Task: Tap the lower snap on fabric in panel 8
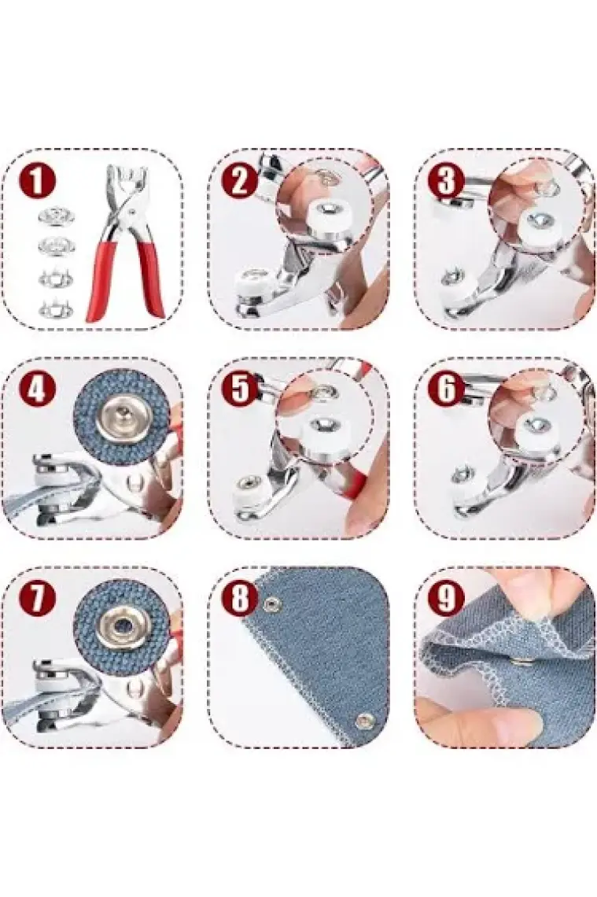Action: tap(362, 722)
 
